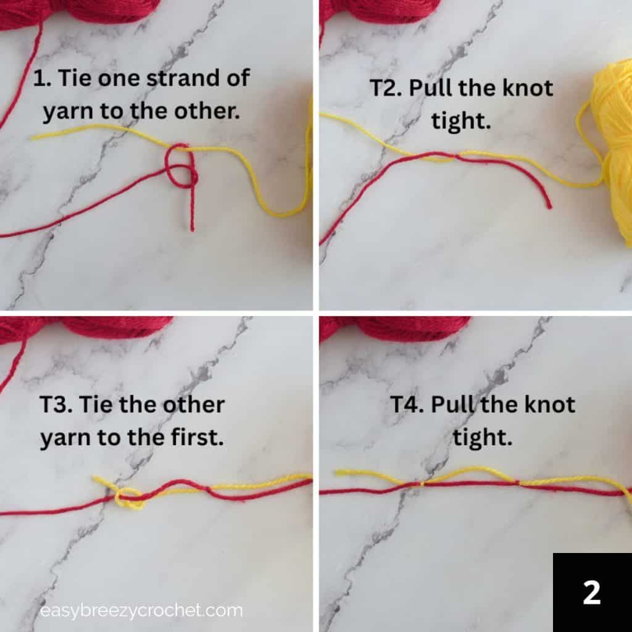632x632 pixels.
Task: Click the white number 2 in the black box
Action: [591, 592]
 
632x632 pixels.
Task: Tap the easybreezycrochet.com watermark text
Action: [141, 611]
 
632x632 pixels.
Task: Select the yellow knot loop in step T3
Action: [130, 499]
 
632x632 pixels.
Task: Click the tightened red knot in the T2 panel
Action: [455, 156]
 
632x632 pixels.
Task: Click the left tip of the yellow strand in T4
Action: [337, 472]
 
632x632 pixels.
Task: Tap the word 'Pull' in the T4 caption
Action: [452, 405]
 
